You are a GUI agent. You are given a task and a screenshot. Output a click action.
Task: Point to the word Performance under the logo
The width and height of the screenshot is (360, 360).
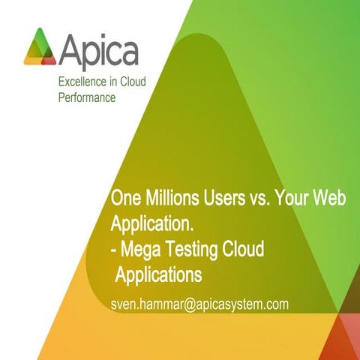87,98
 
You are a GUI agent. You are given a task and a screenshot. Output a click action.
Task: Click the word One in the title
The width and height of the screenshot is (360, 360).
123,199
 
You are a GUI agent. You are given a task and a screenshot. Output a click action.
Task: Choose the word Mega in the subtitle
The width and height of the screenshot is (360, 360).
140,249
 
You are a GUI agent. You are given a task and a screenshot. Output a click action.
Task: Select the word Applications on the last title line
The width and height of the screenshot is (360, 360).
158,274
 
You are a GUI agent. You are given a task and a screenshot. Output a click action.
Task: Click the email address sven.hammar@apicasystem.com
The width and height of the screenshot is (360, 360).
199,304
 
